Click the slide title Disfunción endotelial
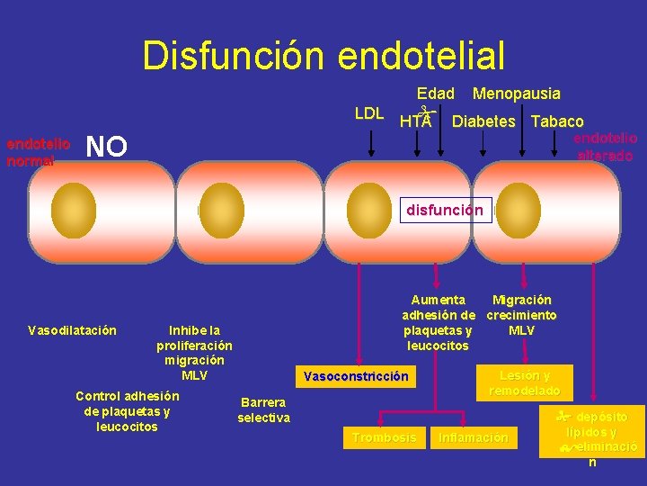[323, 55]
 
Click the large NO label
[106, 146]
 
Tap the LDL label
[369, 113]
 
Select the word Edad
[436, 94]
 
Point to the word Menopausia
[516, 94]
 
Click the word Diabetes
[483, 121]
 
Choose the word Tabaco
[557, 121]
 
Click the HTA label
[415, 121]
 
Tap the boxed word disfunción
[445, 211]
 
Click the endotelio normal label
[38, 152]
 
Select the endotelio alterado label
[605, 147]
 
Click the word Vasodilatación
[72, 330]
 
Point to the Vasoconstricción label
[356, 376]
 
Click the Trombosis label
[384, 437]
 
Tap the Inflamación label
[473, 438]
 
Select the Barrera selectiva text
[263, 409]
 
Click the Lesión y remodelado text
[525, 383]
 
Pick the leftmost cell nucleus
[74, 206]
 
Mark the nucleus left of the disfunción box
[367, 206]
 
